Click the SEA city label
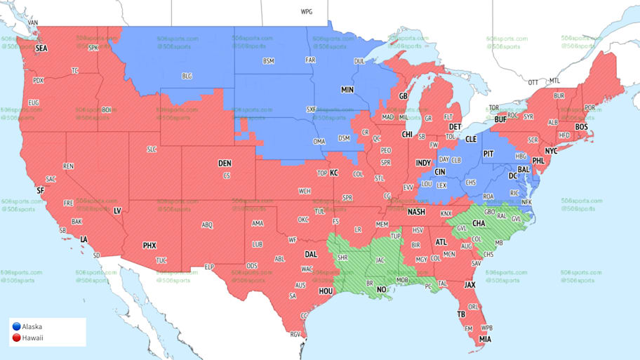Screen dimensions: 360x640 (41, 48)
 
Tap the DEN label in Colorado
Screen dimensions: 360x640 (225, 163)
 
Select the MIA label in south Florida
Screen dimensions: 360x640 (485, 340)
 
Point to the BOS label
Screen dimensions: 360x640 (581, 126)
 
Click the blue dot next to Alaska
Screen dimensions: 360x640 (15, 326)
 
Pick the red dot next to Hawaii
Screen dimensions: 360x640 (15, 338)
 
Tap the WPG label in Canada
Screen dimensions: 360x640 (307, 12)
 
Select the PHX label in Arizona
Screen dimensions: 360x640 (149, 245)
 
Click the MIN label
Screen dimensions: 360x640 (347, 90)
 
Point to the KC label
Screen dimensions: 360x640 (334, 172)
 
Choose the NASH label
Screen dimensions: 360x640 (417, 211)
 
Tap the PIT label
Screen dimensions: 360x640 (488, 153)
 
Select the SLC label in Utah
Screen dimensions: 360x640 (152, 149)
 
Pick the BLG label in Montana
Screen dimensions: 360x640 (187, 75)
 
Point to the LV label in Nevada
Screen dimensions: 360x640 (117, 211)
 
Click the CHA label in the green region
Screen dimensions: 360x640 (479, 223)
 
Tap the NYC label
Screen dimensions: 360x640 (551, 151)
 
